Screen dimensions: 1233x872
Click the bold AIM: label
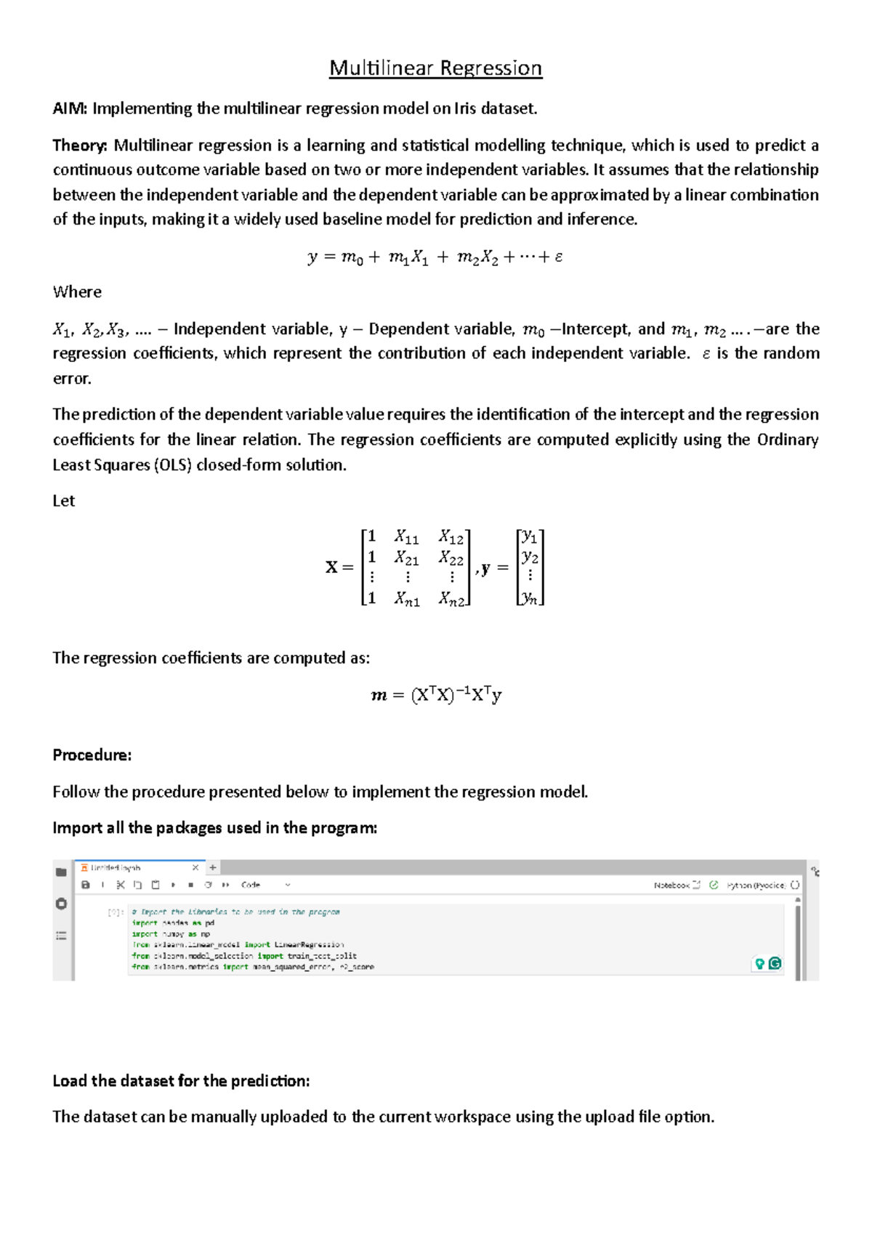70,109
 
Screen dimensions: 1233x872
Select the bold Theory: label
80,145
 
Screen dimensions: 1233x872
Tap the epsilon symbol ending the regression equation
558,257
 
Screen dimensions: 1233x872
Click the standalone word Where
77,292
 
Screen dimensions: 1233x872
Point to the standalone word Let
63,501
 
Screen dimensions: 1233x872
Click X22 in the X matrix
451,558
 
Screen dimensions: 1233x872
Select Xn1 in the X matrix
406,599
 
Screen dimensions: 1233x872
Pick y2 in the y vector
530,557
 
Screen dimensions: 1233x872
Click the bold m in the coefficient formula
379,696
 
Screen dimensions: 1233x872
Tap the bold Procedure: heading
92,755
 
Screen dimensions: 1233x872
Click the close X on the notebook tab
195,867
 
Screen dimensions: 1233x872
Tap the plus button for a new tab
213,867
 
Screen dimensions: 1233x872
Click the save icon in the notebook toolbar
86,885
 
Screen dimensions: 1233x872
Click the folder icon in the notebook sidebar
61,872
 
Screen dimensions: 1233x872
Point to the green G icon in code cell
775,963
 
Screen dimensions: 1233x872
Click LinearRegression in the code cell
309,945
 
